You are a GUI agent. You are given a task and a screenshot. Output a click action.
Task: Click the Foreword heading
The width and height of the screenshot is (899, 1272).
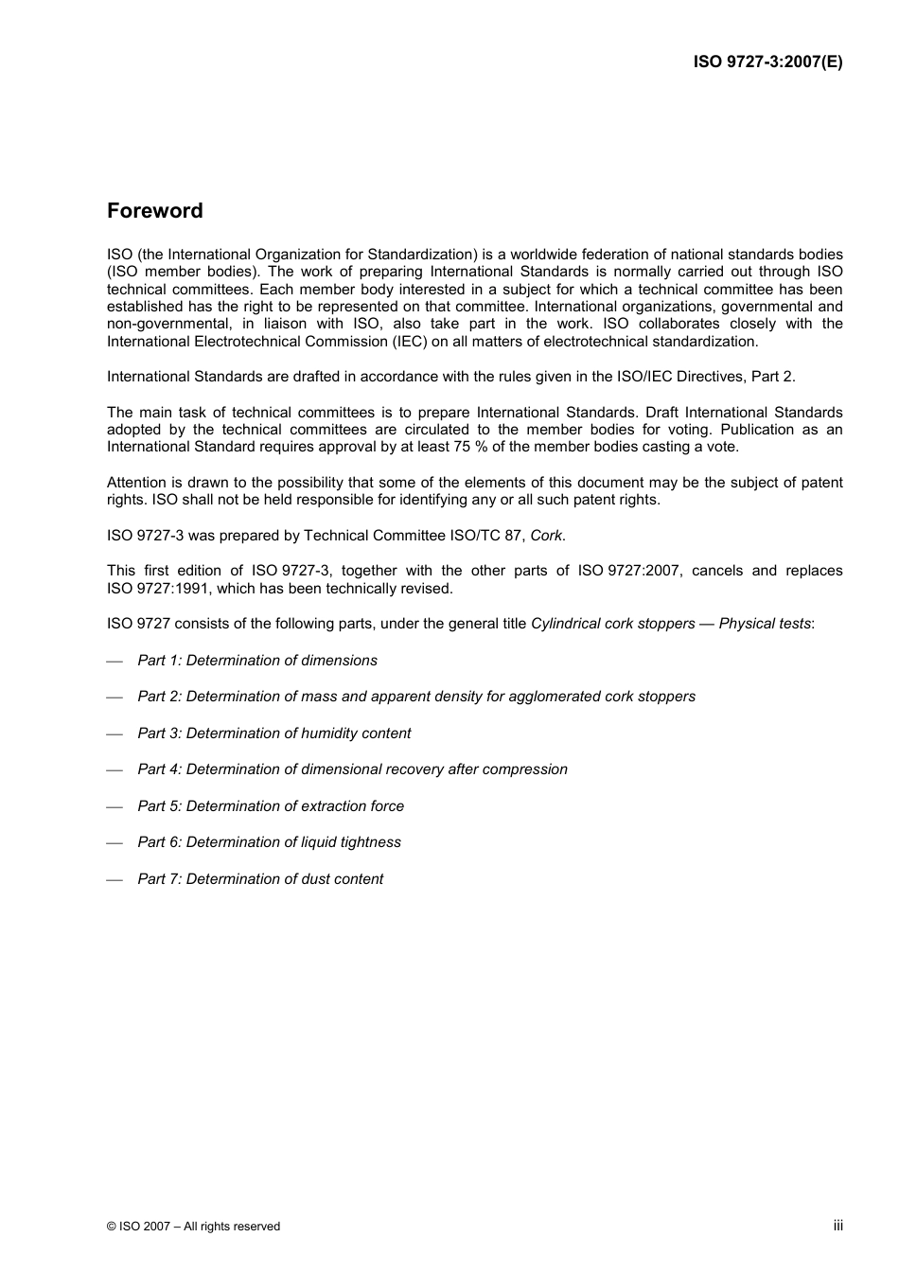(x=154, y=211)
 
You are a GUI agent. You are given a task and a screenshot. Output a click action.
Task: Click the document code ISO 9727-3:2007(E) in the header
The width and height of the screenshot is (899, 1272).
(x=767, y=62)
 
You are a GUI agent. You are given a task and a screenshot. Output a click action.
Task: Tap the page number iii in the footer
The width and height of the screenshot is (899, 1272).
(x=837, y=1225)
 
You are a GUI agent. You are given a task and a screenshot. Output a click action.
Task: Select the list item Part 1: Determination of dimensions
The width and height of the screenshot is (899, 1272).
(x=257, y=661)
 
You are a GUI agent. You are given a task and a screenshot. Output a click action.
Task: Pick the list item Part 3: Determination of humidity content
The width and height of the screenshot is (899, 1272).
(x=274, y=733)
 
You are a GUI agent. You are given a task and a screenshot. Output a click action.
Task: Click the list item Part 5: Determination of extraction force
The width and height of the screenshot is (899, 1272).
(x=271, y=806)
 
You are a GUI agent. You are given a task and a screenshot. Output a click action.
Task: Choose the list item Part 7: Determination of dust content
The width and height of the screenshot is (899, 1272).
(x=260, y=879)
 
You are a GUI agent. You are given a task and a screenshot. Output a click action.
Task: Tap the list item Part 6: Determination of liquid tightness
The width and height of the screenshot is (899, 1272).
(x=269, y=842)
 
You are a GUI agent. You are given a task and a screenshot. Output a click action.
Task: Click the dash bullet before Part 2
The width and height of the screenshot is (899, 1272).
(x=115, y=698)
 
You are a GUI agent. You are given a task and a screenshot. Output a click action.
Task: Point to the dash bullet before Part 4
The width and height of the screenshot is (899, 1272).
(x=115, y=770)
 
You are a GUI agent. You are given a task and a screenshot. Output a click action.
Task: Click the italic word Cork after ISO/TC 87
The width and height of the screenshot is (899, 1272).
(x=547, y=536)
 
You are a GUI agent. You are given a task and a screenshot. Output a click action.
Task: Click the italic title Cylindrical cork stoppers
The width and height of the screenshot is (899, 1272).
(x=612, y=624)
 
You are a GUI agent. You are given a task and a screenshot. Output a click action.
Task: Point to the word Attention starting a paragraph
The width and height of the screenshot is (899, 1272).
(x=136, y=483)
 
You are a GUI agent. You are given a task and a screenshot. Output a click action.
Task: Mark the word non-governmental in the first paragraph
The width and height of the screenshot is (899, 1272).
(x=162, y=324)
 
